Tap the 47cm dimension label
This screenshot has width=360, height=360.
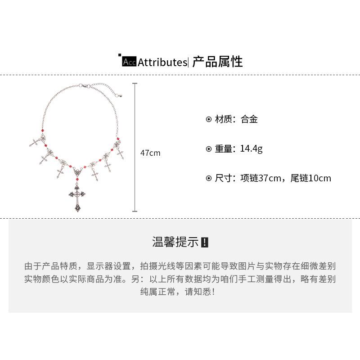pos(150,153)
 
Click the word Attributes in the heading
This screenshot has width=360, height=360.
pos(162,62)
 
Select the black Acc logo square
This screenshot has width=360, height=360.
pos(129,62)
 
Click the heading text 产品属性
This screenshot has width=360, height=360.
pos(217,62)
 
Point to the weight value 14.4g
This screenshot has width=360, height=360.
pos(251,149)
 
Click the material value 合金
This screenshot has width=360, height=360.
pos(249,120)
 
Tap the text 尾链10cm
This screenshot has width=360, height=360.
pos(310,178)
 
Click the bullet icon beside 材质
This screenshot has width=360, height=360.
pos(208,120)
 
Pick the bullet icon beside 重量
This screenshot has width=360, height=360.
pos(208,149)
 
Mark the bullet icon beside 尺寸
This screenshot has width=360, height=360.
pos(208,178)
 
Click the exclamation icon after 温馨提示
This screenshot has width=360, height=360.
pos(205,242)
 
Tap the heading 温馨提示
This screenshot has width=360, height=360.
pos(175,242)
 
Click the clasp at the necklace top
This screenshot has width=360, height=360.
pos(85,85)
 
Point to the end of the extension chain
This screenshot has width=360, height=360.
pos(121,95)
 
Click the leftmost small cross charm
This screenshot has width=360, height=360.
pos(35,142)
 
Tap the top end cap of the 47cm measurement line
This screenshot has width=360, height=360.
pos(135,83)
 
